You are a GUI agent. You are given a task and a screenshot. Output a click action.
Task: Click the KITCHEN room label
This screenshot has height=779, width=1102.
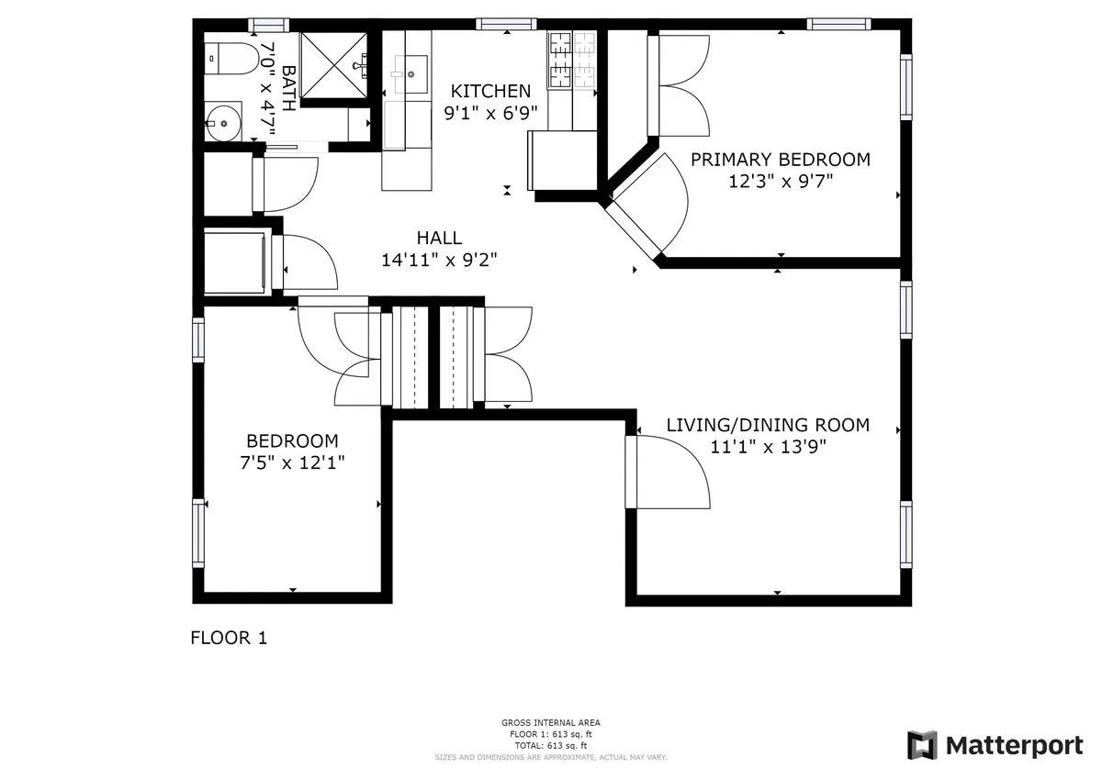489,91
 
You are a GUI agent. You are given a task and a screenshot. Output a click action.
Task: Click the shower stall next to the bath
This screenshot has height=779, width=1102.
334,62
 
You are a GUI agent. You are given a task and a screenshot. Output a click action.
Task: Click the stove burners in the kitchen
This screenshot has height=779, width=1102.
571,60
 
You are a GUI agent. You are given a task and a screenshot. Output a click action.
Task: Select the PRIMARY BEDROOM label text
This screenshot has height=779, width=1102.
780,160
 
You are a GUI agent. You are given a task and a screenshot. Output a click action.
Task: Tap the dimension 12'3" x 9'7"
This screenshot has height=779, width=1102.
780,181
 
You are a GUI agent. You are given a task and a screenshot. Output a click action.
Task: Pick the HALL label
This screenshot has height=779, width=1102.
439,239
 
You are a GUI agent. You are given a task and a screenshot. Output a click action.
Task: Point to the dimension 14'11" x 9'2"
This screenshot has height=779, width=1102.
439,260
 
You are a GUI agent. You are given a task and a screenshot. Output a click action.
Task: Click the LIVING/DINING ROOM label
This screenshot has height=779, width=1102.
767,426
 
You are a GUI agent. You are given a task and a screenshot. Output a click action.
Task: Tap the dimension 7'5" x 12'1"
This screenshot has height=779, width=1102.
291,462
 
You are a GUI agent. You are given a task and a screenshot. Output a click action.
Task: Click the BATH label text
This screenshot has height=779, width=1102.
287,87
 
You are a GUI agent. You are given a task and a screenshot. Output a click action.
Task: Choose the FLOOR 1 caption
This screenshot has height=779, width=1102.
228,637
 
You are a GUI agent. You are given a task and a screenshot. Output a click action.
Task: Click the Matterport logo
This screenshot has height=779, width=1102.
995,745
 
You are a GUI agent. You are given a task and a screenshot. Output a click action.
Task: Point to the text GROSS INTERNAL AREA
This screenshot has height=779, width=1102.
550,723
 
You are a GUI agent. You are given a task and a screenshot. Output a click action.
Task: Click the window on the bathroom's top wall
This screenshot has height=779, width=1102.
268,25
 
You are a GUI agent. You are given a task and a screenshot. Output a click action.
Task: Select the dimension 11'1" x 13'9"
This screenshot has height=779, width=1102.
767,447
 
